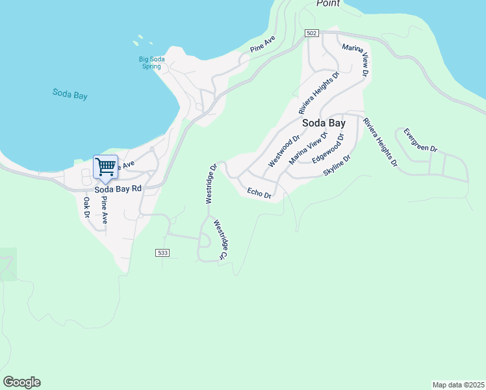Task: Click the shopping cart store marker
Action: [x=105, y=166]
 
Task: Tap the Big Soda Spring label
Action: [x=152, y=63]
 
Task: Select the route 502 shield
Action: [x=312, y=33]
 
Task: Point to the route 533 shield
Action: [x=163, y=252]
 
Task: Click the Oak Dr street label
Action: [x=86, y=207]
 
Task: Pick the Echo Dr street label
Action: [x=259, y=192]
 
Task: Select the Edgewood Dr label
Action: [x=327, y=150]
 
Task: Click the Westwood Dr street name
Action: [x=284, y=151]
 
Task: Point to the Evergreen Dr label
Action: [x=420, y=140]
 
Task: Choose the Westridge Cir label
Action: [x=219, y=240]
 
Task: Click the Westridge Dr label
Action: [x=212, y=185]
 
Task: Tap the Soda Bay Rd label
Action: [x=118, y=189]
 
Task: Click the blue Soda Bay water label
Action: [x=70, y=94]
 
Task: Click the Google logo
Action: [x=21, y=382]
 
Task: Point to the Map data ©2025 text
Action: [x=458, y=384]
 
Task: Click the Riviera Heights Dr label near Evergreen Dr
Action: [x=380, y=142]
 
